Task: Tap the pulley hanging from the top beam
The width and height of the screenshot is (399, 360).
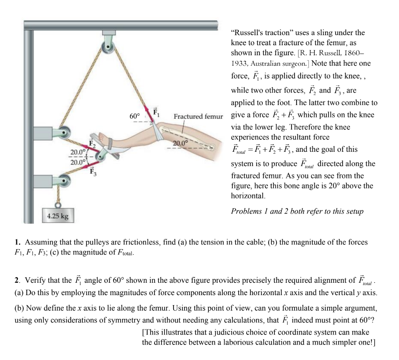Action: (106, 47)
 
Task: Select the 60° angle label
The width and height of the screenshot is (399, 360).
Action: (135, 116)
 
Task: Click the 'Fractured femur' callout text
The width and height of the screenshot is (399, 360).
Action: (198, 116)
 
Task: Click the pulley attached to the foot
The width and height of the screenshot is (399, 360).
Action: (102, 157)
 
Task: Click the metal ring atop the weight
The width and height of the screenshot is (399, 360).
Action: (58, 204)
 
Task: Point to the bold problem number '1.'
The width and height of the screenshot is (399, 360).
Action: (18, 243)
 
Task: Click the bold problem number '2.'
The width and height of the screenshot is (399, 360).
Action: (18, 280)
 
